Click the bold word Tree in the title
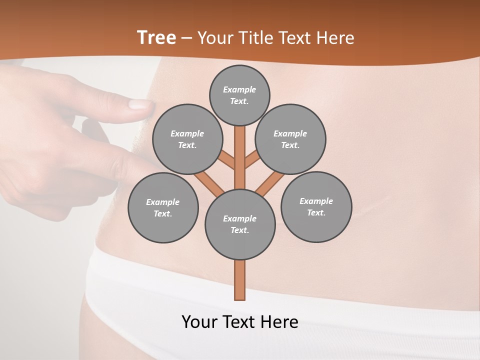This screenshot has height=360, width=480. (156, 38)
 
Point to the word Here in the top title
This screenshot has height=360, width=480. (336, 38)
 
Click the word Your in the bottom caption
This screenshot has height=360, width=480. (199, 322)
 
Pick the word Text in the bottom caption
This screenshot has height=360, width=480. (239, 322)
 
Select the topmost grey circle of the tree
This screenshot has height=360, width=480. (239, 95)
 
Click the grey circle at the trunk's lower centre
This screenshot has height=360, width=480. (240, 224)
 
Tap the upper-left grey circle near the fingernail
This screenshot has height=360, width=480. (187, 139)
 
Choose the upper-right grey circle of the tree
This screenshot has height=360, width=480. (290, 139)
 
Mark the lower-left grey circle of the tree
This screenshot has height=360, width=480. (163, 208)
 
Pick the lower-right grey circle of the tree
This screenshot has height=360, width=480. (316, 207)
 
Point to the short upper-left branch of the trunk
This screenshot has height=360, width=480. (226, 160)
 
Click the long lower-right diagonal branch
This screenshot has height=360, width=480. (269, 183)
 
